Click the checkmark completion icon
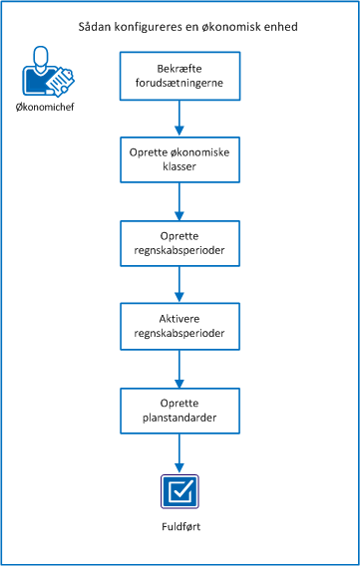tap(180, 490)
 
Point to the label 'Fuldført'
tap(180, 527)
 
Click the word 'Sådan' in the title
tap(94, 27)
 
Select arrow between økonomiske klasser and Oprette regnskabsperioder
tap(180, 203)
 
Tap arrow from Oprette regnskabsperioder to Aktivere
tap(180, 287)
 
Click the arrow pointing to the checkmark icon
tap(180, 453)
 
